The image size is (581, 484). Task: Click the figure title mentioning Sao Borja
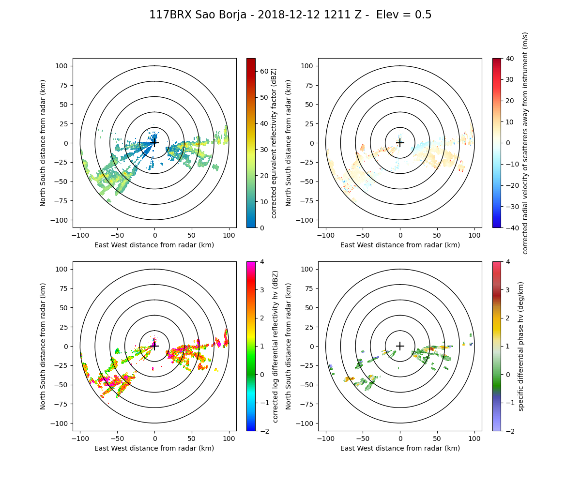coord(290,15)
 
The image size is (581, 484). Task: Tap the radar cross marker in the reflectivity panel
coord(154,143)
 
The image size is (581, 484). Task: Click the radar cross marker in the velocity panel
coord(400,143)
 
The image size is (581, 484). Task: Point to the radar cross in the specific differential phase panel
coord(400,346)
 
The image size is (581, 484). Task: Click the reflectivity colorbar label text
coord(274,143)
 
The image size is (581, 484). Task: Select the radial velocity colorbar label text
coord(525,143)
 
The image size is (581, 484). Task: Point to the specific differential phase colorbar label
coord(521,346)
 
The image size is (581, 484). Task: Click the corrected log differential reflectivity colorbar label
coord(275,346)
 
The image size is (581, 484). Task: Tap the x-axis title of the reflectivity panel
coord(154,245)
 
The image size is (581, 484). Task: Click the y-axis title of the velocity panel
coord(289,143)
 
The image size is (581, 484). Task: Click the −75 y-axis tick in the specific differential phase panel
coord(309,404)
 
